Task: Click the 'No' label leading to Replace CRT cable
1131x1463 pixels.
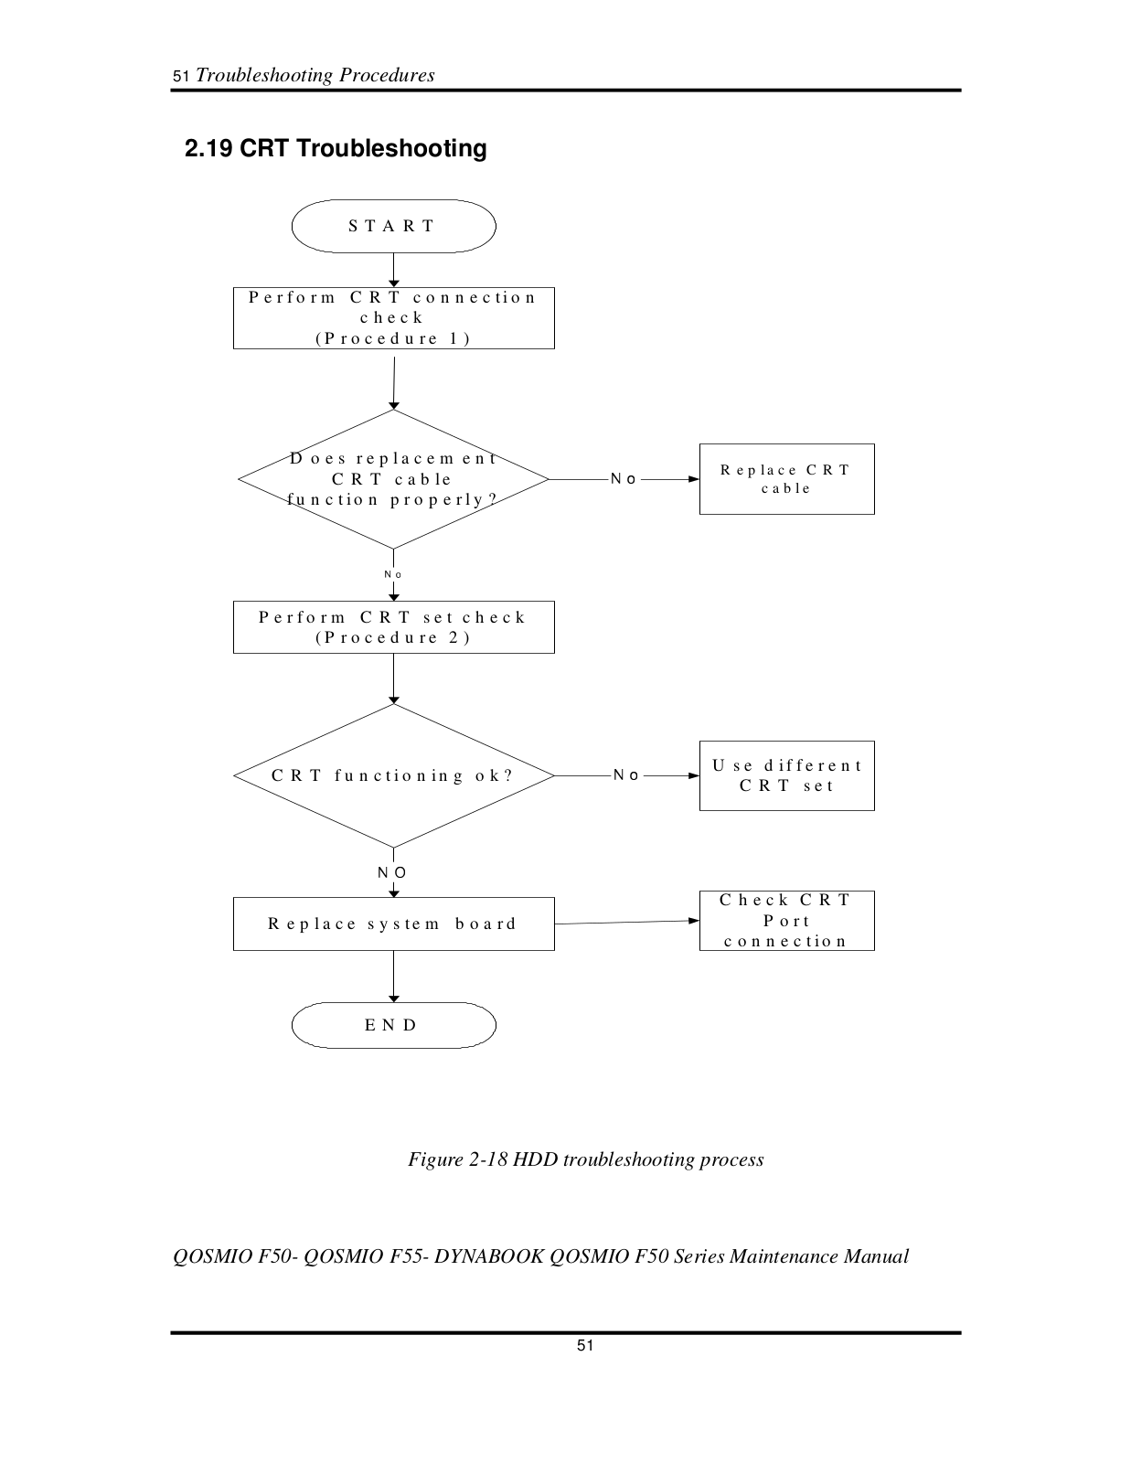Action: coord(624,479)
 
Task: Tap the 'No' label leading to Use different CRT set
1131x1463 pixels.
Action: coord(626,775)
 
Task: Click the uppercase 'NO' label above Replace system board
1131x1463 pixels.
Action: coord(392,872)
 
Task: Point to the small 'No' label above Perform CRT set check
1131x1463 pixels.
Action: coord(393,574)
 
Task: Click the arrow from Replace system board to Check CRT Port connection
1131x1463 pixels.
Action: coord(627,923)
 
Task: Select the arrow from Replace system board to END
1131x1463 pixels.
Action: coord(394,977)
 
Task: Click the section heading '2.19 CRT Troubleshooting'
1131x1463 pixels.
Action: coord(336,149)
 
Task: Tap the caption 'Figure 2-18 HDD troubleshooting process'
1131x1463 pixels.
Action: coord(586,1159)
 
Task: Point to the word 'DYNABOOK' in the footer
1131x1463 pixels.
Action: coord(489,1256)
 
